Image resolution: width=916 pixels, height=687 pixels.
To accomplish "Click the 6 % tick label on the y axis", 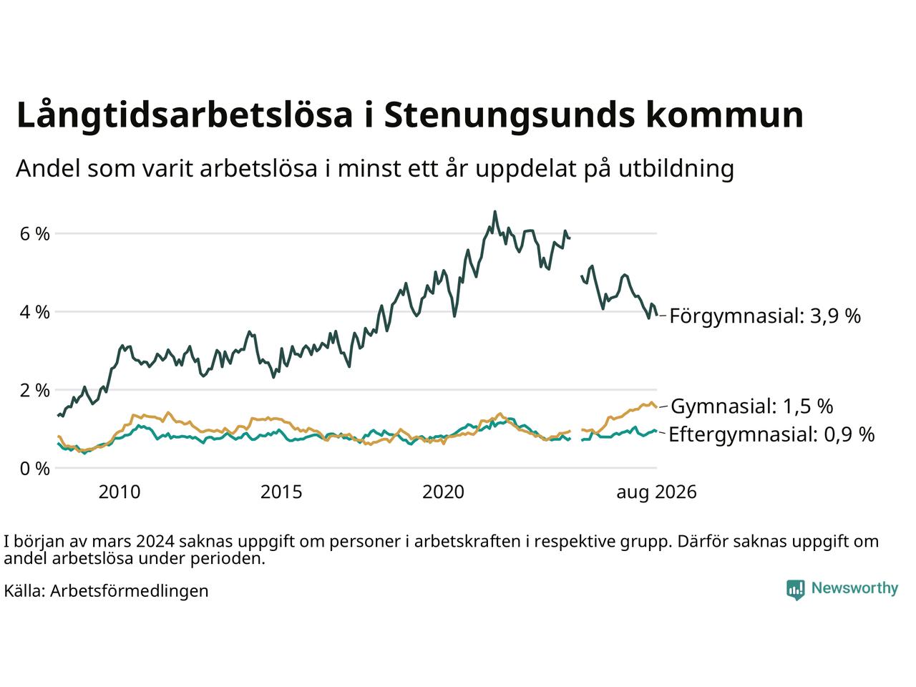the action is [x=34, y=234].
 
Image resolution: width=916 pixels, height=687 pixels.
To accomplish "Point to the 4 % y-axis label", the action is [x=34, y=312].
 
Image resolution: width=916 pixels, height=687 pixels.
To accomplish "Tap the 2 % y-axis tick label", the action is [x=34, y=391].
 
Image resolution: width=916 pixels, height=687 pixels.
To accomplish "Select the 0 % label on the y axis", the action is [x=34, y=469].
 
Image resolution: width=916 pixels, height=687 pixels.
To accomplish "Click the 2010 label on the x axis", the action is [x=120, y=492].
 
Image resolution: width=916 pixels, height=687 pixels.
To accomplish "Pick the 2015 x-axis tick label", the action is [x=281, y=492].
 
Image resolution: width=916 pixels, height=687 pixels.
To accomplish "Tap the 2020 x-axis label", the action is [x=443, y=492].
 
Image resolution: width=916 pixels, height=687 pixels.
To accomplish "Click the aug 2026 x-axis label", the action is [x=656, y=492].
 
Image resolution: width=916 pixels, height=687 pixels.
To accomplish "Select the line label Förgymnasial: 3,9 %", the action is [x=765, y=316].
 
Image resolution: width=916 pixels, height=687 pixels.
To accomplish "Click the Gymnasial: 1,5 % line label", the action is [x=752, y=406].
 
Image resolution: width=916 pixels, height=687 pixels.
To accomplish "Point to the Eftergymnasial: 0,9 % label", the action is [x=771, y=434].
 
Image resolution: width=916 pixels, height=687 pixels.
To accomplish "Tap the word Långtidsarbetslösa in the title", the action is [x=185, y=114].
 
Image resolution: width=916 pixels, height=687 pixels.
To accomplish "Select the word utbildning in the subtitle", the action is [x=676, y=169].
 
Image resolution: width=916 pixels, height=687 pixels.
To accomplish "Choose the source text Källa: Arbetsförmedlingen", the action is [x=106, y=591].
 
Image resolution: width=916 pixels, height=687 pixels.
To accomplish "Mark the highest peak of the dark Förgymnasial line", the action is [x=495, y=212].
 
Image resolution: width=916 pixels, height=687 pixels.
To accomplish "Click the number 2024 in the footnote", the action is [x=155, y=542].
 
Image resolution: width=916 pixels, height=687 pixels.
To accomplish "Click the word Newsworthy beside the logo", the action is [x=854, y=588].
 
